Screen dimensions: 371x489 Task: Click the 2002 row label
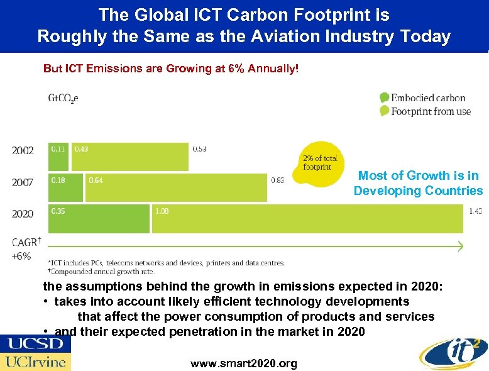click(x=23, y=150)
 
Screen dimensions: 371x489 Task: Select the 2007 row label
click(x=23, y=182)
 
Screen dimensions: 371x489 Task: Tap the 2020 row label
click(x=23, y=214)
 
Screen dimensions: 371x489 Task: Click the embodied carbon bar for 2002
click(x=58, y=157)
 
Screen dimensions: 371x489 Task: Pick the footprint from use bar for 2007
click(x=176, y=187)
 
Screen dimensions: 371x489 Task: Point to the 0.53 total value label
click(x=200, y=149)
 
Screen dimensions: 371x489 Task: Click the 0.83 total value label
click(x=277, y=180)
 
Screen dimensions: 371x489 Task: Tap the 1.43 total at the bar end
click(x=475, y=211)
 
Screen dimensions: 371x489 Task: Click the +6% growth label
click(x=21, y=256)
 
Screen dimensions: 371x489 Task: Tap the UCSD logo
click(x=35, y=343)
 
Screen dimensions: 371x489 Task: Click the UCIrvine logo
click(x=35, y=362)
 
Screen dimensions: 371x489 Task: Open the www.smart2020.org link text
click(x=244, y=363)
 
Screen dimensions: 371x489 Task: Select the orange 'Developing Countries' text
click(x=418, y=191)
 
